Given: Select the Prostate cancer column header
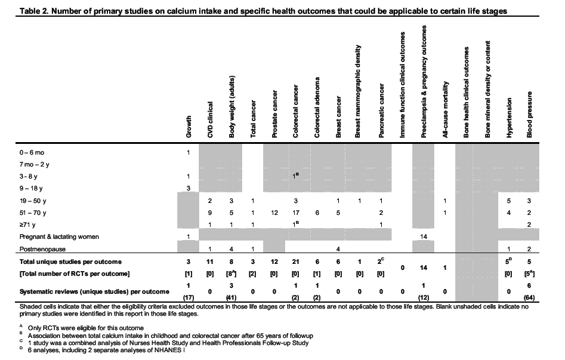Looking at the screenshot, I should point(274,113).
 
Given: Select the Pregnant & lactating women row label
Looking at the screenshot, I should point(58,236).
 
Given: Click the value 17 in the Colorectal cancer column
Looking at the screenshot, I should point(295,213).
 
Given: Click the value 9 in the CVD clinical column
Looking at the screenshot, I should point(210,213).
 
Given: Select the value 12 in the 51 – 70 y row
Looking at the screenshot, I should point(274,213).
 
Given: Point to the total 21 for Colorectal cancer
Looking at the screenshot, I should point(295,261).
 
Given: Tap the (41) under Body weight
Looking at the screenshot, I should point(231,297).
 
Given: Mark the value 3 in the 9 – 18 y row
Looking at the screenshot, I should point(189,188).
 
